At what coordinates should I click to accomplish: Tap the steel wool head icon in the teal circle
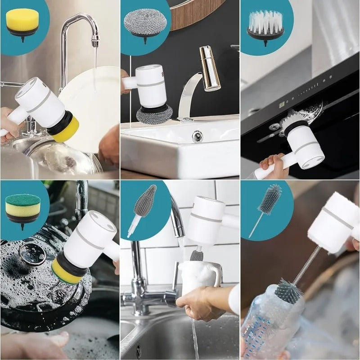(x=145, y=22)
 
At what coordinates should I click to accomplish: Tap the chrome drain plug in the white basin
(x=197, y=136)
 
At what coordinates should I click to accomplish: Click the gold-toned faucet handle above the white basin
(x=210, y=67)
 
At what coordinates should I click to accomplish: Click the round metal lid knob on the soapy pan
(x=32, y=254)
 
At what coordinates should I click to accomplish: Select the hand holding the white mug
(x=205, y=301)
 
